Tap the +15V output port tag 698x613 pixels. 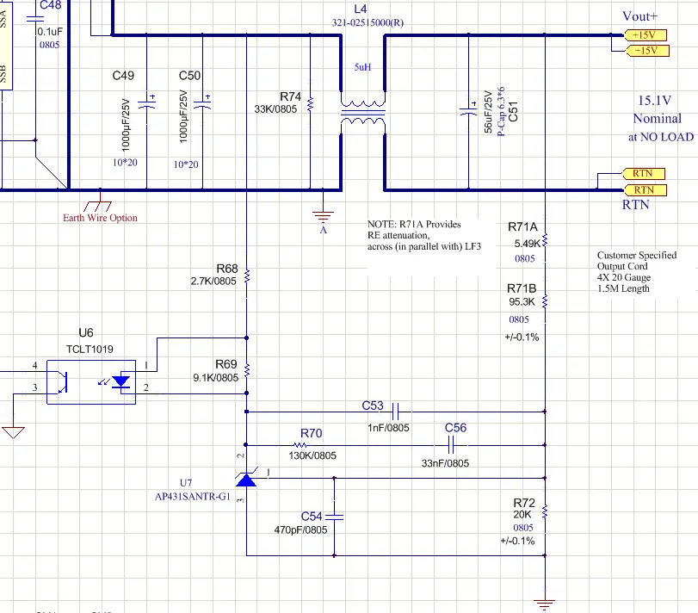[x=644, y=34]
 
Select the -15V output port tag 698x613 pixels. [x=644, y=50]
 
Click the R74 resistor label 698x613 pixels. [x=291, y=96]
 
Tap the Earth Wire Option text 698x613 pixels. [x=100, y=218]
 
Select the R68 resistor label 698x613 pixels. [x=227, y=268]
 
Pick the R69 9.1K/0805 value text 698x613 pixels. [x=214, y=377]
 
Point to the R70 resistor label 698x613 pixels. [x=312, y=433]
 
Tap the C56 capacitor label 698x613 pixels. [x=455, y=428]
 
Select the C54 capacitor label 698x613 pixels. [x=312, y=516]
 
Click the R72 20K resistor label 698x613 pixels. [x=523, y=502]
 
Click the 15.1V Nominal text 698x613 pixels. [x=658, y=109]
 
